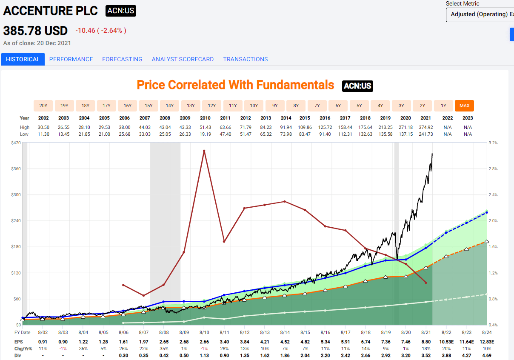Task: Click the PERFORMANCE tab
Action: (x=71, y=59)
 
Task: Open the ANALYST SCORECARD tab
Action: (x=183, y=59)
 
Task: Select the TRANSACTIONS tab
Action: (x=246, y=59)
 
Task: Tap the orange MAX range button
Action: (x=464, y=106)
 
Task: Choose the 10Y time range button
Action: (x=254, y=106)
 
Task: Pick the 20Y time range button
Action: (x=43, y=106)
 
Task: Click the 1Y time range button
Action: (x=443, y=106)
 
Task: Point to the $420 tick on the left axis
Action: (x=15, y=143)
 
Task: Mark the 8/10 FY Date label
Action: (x=204, y=332)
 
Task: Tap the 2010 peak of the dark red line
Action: (x=204, y=151)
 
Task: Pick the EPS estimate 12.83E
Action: (x=486, y=342)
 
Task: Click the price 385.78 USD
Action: (x=35, y=31)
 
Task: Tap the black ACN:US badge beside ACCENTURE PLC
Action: (x=121, y=11)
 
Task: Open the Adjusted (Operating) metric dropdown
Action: (x=480, y=14)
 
